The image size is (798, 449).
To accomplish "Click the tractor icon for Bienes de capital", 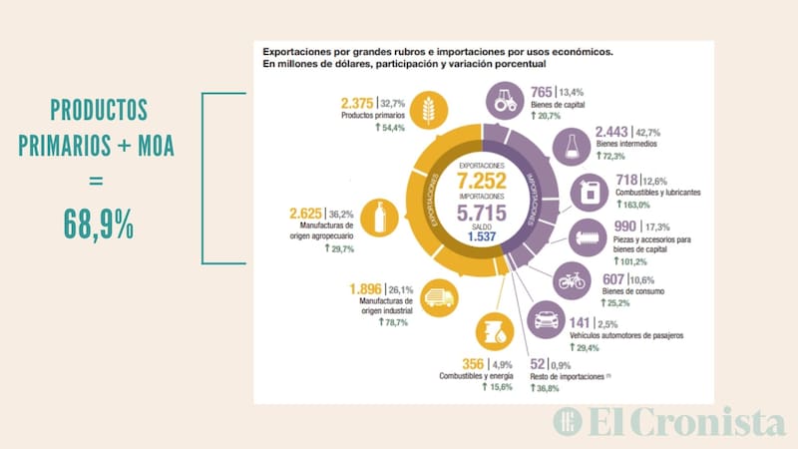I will click(x=505, y=100).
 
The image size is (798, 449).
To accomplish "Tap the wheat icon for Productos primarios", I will click(x=428, y=107).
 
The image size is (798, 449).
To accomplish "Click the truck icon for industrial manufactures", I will click(x=436, y=296).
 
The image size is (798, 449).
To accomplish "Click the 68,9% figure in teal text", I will click(x=99, y=224).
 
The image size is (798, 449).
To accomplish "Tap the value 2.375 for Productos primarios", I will click(x=357, y=103).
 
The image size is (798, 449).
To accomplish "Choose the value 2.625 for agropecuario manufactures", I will click(x=306, y=214).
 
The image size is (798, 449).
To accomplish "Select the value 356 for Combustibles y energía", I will click(x=473, y=363).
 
